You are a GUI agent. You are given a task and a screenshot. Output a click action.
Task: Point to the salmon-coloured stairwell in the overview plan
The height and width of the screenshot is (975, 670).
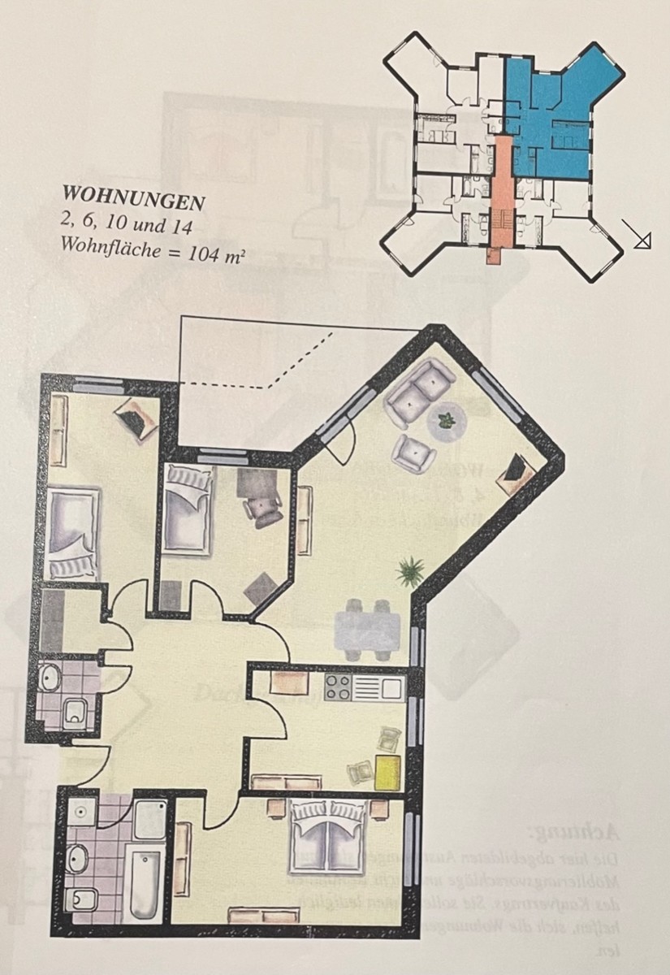point(501,195)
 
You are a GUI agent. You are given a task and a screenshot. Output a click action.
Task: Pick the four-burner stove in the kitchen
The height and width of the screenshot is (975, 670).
point(338,688)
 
